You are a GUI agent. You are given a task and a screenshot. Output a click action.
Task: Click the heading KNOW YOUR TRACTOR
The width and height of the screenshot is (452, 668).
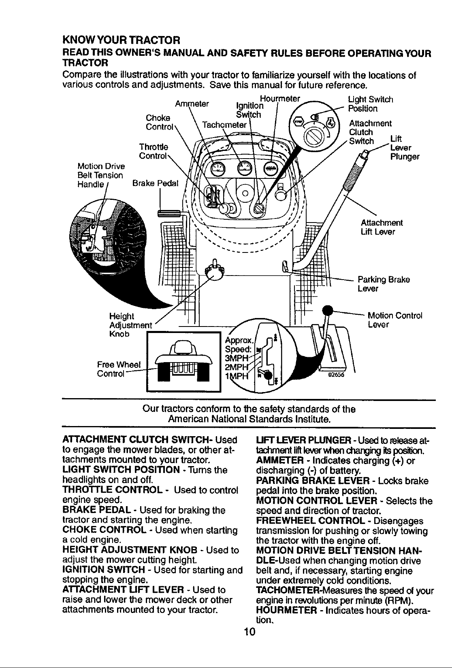pos(121,40)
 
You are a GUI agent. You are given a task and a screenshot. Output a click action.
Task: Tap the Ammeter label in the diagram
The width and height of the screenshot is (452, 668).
pos(192,104)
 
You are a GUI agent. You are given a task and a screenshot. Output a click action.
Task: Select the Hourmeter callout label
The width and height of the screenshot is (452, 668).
pos(280,98)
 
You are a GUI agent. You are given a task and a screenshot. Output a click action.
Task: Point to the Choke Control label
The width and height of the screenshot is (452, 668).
pos(160,122)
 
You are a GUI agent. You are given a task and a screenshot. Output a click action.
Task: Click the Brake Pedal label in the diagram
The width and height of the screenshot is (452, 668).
pos(155,183)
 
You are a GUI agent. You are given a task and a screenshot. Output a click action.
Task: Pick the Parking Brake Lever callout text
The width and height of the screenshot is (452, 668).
pos(384,284)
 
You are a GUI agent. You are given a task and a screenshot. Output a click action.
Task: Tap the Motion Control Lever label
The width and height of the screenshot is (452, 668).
pos(394,320)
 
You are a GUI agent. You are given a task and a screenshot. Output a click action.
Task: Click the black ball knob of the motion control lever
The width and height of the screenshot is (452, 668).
pos(328,311)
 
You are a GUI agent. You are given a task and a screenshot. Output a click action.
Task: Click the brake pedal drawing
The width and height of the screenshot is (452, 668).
pos(168,214)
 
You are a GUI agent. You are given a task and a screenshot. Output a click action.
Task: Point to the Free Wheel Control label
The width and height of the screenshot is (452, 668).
pos(119,369)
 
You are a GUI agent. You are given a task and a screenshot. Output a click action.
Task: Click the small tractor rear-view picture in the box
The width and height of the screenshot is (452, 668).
pos(183,361)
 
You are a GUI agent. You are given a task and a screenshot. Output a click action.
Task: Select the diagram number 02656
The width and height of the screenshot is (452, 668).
pos(336,375)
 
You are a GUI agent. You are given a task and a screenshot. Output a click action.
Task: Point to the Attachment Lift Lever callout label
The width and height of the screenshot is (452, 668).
pos(382,227)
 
